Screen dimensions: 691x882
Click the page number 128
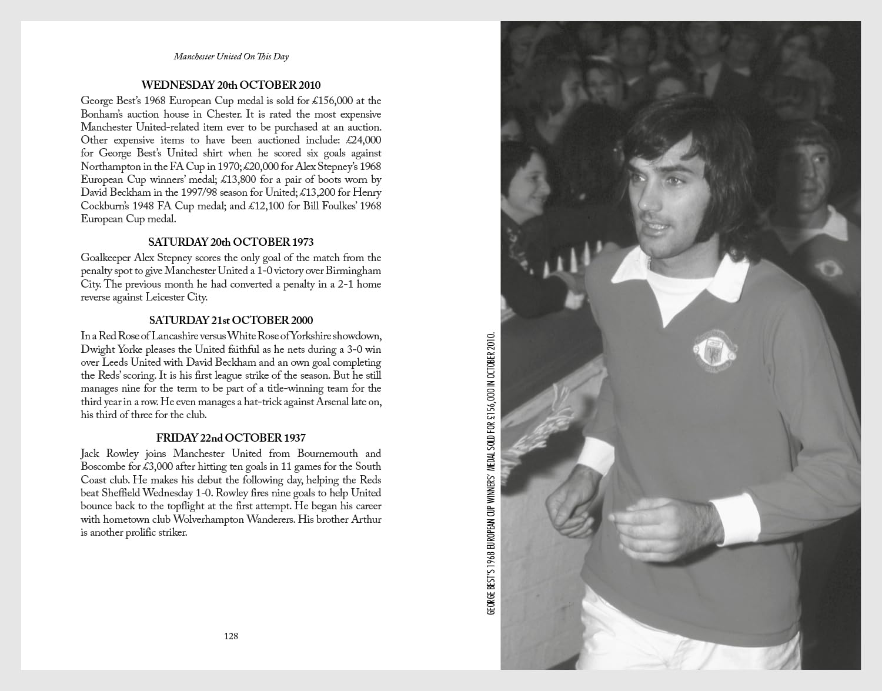231,636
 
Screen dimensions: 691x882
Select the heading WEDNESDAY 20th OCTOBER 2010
231,85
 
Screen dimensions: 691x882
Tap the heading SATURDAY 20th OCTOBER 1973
231,242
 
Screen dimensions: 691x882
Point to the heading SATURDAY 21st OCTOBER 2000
231,321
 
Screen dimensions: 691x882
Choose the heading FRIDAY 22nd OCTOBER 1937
231,438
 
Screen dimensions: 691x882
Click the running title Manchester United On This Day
231,56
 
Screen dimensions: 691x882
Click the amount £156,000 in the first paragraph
333,101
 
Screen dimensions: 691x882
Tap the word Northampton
111,166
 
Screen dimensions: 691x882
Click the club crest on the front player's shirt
714,350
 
